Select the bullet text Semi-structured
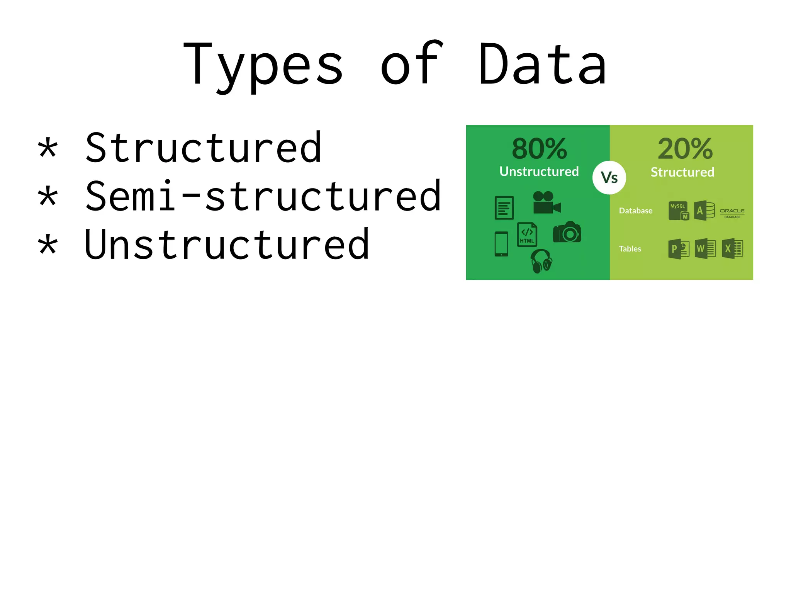click(x=263, y=196)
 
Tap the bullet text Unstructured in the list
click(x=227, y=245)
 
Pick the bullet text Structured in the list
click(x=203, y=148)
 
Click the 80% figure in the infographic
click(x=539, y=149)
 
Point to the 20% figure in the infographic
click(x=685, y=149)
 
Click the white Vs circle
click(x=609, y=178)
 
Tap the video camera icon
click(x=546, y=203)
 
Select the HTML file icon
click(x=527, y=234)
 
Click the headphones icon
click(x=541, y=261)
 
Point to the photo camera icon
click(x=567, y=232)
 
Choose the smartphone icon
click(x=501, y=244)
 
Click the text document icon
click(x=504, y=208)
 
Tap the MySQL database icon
click(x=679, y=211)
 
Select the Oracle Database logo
click(x=732, y=212)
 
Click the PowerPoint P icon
click(x=679, y=249)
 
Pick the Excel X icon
click(x=732, y=248)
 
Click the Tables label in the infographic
click(x=630, y=249)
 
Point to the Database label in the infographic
click(x=635, y=211)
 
